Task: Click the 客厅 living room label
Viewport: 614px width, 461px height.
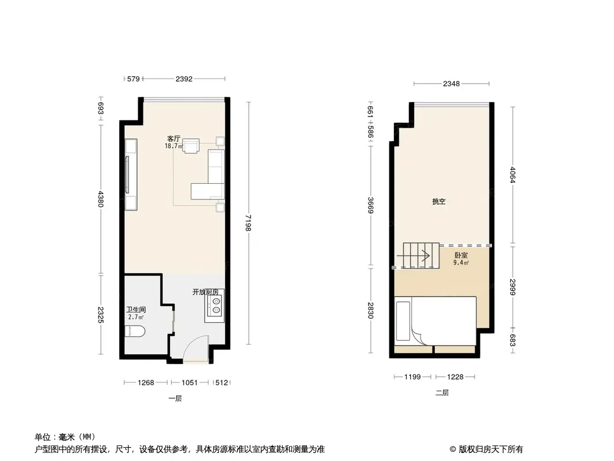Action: pos(173,139)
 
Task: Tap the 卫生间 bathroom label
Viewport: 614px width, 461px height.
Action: pos(136,309)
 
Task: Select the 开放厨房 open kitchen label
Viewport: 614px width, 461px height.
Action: pos(205,292)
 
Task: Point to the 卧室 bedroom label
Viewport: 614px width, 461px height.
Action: pos(461,255)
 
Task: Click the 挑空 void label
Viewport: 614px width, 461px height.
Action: pos(439,201)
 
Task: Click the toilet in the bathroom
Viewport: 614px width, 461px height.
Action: pos(135,331)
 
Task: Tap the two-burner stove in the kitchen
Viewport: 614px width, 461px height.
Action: pos(216,305)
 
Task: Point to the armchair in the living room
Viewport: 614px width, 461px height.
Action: pos(191,146)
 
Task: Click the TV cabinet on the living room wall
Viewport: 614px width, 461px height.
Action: pos(131,174)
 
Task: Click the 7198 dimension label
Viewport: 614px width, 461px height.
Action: pos(248,223)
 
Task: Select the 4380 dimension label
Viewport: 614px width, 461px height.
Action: pos(101,199)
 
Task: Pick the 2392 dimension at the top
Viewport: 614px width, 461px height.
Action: pos(184,79)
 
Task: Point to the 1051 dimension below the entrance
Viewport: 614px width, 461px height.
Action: pos(189,382)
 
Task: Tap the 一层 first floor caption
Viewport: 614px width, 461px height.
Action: pos(175,398)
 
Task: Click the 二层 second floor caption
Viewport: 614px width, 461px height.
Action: pos(442,392)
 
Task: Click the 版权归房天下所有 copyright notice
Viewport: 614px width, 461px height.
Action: pos(491,449)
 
